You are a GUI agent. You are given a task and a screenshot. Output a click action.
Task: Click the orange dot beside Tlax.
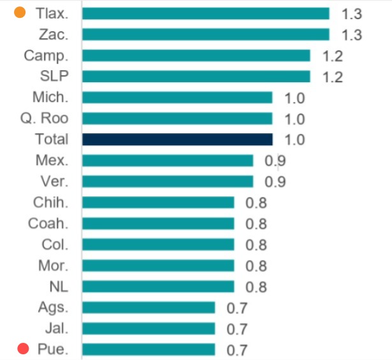[x=20, y=13]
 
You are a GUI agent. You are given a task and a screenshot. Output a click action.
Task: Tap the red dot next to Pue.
[x=24, y=349]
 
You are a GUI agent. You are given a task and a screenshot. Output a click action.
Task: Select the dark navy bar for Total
[x=177, y=139]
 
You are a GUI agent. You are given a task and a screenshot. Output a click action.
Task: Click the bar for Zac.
[x=205, y=34]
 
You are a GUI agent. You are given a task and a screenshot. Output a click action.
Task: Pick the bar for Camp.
[x=196, y=55]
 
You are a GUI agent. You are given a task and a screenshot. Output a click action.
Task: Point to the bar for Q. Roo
[x=177, y=119]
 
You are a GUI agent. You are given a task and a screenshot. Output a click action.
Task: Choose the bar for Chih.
[x=158, y=203]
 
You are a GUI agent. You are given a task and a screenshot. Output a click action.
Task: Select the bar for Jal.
[x=149, y=328]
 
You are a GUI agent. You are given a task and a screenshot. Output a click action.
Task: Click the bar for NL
[x=158, y=286]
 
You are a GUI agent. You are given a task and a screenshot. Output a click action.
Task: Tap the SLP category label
[x=54, y=76]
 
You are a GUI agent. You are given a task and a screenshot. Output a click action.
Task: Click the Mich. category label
[x=50, y=97]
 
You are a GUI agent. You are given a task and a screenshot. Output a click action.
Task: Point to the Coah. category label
[x=48, y=224]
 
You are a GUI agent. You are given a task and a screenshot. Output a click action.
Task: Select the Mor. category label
[x=52, y=265]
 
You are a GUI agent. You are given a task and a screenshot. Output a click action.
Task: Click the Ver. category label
[x=54, y=182]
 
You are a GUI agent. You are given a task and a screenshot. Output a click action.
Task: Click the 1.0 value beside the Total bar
[x=294, y=140]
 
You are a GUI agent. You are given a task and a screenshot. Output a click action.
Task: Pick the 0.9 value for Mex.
[x=275, y=161]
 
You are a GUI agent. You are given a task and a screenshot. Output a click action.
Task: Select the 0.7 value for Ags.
[x=237, y=308]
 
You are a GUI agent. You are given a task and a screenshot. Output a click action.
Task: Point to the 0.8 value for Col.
[x=256, y=245]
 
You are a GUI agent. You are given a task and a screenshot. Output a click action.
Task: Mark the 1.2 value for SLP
[x=332, y=77]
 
